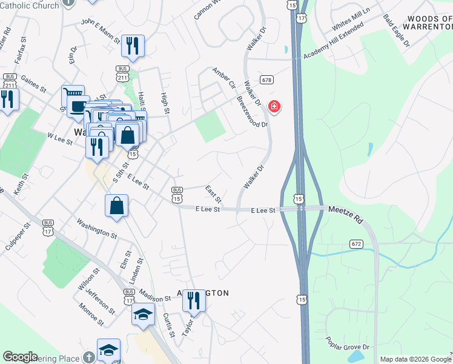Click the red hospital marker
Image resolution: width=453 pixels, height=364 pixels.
pyautogui.click(x=274, y=107)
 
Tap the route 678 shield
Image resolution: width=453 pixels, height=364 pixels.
pyautogui.click(x=266, y=80)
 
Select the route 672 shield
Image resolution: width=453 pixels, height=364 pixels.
pyautogui.click(x=356, y=244)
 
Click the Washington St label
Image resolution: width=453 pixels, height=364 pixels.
pyautogui.click(x=97, y=228)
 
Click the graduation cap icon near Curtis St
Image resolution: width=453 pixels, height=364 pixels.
pyautogui.click(x=144, y=314)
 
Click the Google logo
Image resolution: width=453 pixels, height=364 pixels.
pyautogui.click(x=20, y=357)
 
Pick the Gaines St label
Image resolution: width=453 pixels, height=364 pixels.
pyautogui.click(x=33, y=83)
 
